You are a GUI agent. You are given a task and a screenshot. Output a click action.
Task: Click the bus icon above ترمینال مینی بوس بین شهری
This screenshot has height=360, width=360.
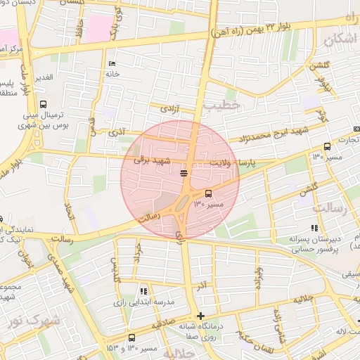44,104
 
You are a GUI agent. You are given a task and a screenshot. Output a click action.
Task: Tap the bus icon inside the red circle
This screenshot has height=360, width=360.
207,193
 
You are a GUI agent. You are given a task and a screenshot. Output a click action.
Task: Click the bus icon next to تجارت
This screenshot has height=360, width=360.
327,147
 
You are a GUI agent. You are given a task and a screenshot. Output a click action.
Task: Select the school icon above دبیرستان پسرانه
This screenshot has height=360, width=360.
314,228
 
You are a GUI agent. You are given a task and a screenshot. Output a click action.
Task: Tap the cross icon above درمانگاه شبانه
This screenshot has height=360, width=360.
201,316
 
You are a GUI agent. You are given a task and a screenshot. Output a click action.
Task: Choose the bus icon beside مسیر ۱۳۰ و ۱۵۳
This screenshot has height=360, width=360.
131,337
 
